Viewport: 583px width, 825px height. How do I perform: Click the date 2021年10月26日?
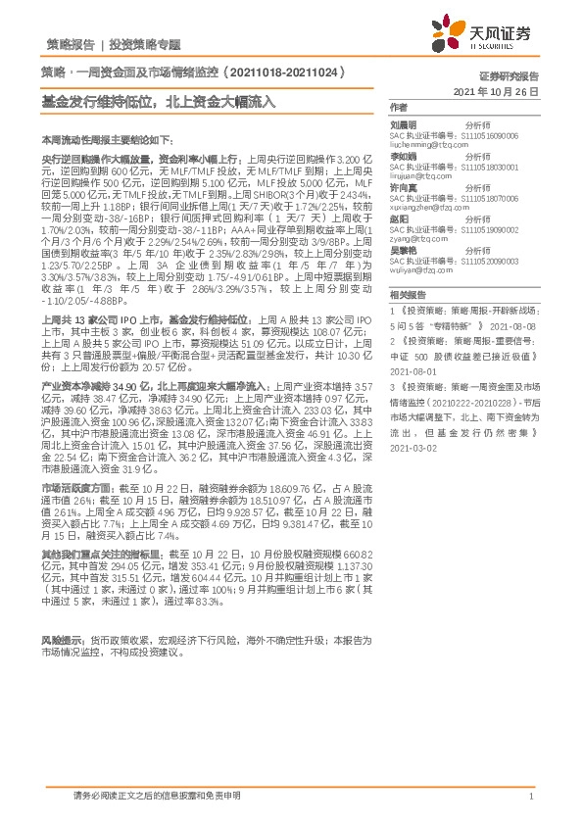coord(498,89)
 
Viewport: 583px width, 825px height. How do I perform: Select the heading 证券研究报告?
coord(509,75)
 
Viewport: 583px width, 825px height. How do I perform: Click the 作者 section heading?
coord(398,106)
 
